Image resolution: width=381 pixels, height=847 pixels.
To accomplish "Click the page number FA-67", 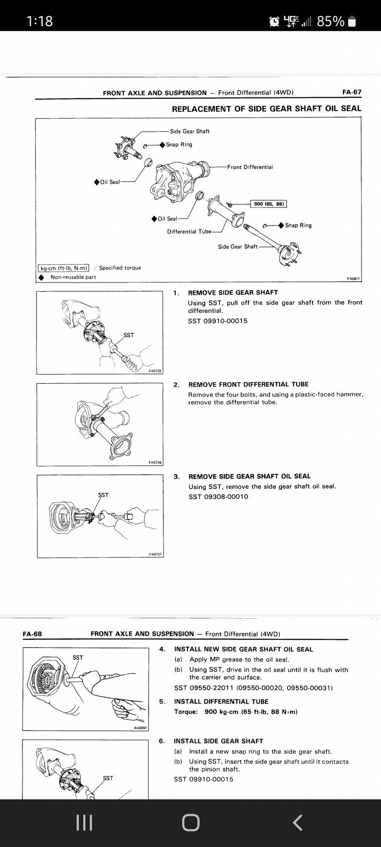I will pos(351,92).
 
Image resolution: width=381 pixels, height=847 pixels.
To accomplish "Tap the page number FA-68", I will pos(32,634).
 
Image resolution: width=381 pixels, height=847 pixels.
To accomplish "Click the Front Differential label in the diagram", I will pos(250,167).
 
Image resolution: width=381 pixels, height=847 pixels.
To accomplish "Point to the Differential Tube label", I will pos(189,232).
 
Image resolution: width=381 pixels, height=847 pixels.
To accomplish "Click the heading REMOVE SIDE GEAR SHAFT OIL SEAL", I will pos(249,476).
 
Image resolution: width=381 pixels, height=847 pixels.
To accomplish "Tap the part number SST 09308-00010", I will pos(218,496).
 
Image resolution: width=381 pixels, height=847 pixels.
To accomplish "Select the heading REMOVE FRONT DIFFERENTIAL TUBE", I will pos(248,384).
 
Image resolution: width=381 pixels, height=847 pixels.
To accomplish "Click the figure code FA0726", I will pos(155,462).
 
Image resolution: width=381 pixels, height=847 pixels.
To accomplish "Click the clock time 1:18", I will pos(39,21).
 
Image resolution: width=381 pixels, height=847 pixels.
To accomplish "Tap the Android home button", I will pos(190,822).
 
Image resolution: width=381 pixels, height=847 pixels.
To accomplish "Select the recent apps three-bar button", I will pos(84,822).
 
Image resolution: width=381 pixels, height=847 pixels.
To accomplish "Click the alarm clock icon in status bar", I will pos(274,21).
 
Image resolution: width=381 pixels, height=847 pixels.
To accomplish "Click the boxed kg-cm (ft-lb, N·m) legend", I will pos(63,268).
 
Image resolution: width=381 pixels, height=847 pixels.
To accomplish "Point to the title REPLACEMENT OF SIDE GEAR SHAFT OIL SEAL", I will pos(266,108).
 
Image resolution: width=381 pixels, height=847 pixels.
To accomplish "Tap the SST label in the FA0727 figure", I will pos(103,495).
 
